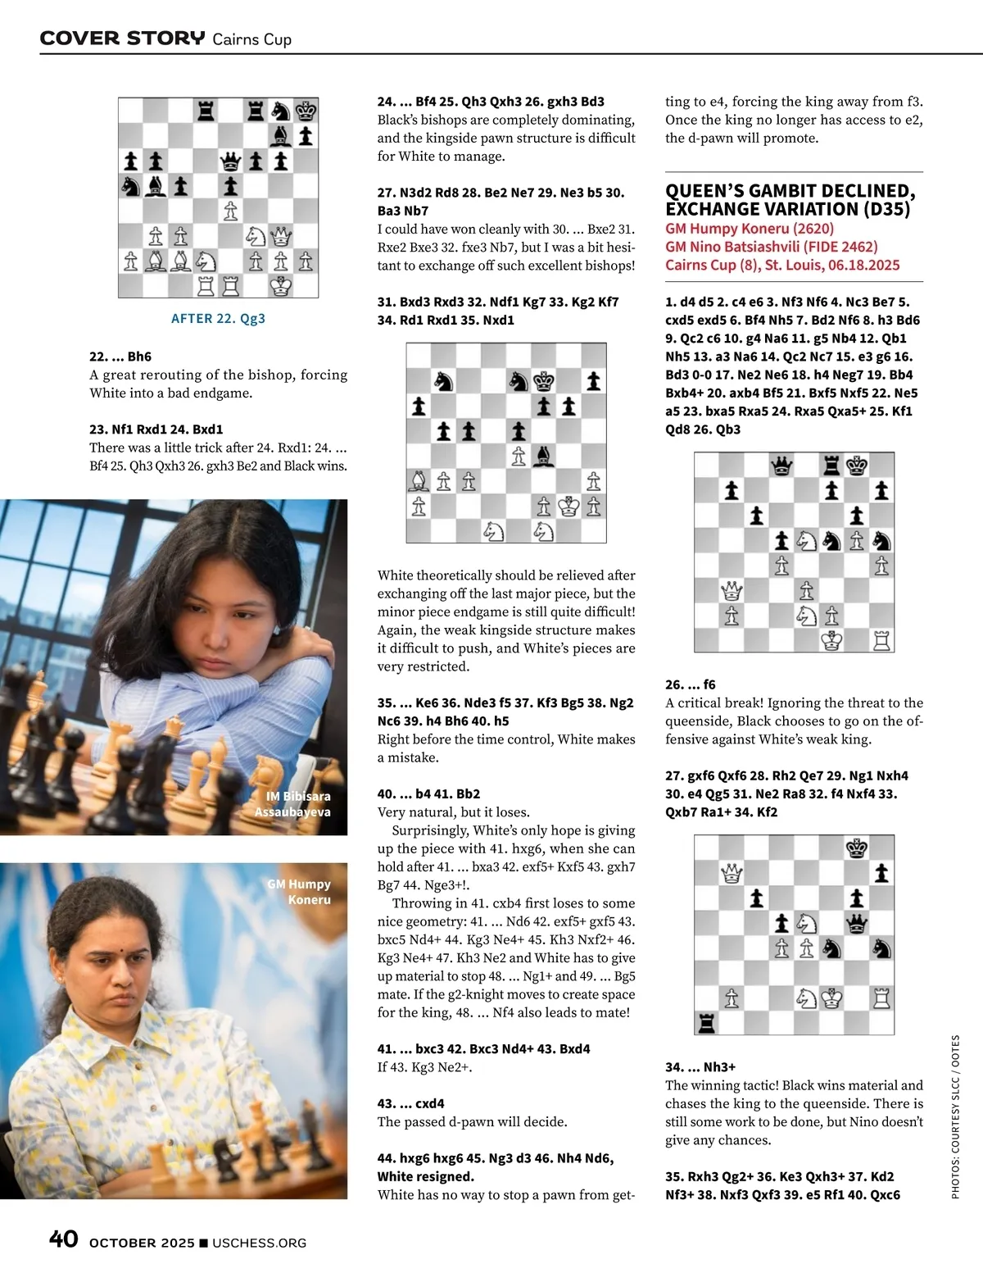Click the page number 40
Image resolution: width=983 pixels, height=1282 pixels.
click(x=64, y=1239)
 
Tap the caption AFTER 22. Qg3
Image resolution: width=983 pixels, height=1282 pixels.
click(x=218, y=318)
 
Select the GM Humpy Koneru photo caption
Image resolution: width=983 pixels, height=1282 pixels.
click(x=299, y=892)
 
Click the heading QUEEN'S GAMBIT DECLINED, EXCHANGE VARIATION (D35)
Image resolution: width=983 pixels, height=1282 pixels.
click(x=790, y=200)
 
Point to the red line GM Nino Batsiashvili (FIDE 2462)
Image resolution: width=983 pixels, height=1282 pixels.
click(x=771, y=247)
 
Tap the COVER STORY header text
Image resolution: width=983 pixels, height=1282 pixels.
click(x=122, y=38)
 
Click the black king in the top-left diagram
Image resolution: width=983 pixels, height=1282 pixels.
click(x=306, y=111)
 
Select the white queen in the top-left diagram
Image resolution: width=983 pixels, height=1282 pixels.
click(x=281, y=237)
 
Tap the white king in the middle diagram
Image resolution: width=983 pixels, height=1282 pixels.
click(x=569, y=506)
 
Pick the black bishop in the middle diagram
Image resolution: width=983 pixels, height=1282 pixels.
click(x=543, y=456)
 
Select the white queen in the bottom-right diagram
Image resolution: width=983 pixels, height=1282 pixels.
click(x=732, y=873)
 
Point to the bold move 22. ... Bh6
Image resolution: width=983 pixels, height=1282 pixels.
click(x=120, y=357)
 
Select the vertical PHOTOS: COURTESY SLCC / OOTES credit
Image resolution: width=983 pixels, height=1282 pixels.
click(x=955, y=1116)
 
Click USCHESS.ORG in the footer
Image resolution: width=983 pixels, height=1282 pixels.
click(x=260, y=1243)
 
